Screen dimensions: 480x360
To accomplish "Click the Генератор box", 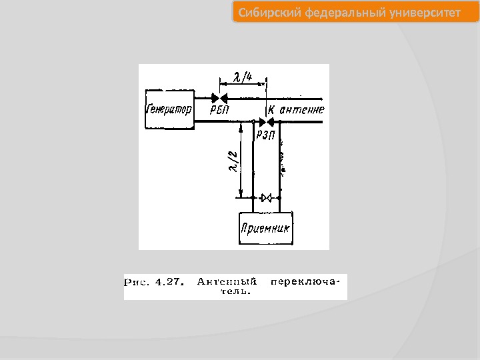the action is tap(168, 109).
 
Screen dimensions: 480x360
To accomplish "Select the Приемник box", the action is tap(267, 228).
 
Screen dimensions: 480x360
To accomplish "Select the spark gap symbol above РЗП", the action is tap(265, 122).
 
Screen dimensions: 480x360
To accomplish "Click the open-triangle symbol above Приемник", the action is tap(266, 198).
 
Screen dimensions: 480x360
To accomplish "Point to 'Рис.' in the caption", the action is tap(138, 281).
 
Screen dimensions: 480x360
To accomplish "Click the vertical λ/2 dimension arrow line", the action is tap(241, 160).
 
